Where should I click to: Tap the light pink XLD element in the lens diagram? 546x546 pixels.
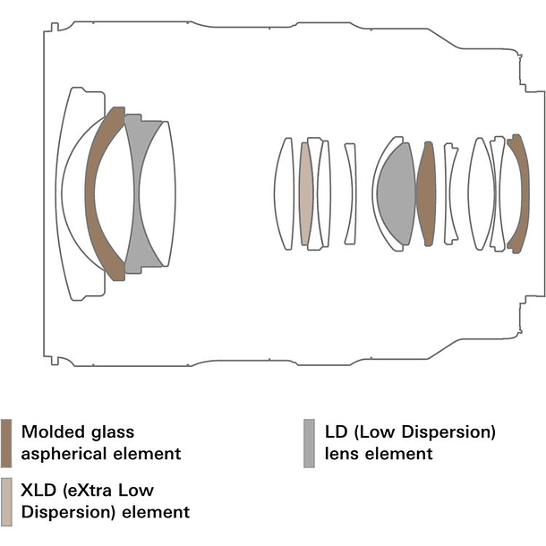pos(306,193)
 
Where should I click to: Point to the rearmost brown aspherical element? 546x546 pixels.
pos(516,192)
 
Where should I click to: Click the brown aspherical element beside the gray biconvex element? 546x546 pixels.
pos(426,193)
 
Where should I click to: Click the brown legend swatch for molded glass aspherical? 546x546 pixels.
pos(7,443)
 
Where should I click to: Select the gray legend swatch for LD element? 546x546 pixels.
pos(309,443)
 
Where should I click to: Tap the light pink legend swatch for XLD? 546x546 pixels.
pos(7,500)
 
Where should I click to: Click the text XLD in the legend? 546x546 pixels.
pos(38,491)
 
